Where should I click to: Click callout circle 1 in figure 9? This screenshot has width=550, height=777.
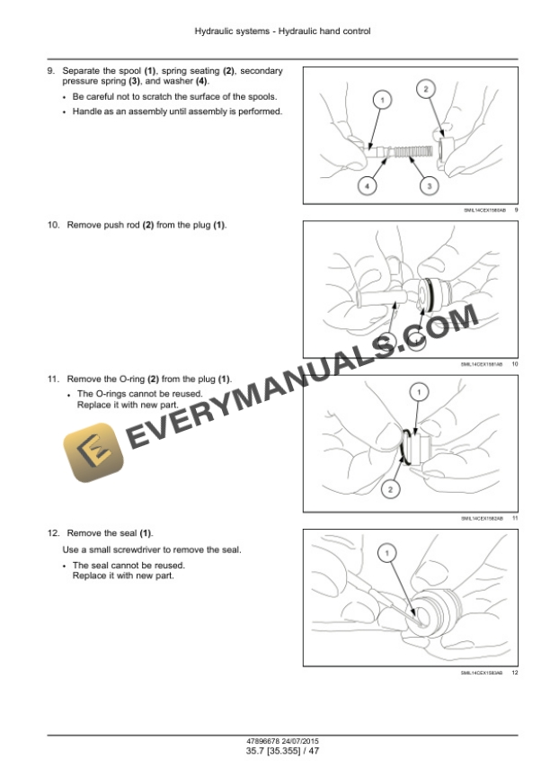(381, 100)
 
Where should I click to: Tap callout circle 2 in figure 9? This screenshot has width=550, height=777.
(425, 87)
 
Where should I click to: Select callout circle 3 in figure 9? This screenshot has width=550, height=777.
(430, 185)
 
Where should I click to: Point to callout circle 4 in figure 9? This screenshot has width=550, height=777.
(367, 185)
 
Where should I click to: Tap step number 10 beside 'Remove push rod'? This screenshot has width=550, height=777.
(53, 225)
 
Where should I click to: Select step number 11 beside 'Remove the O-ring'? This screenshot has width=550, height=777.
(53, 380)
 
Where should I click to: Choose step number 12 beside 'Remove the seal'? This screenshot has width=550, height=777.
(53, 534)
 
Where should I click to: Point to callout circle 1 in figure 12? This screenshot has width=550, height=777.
(389, 554)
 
